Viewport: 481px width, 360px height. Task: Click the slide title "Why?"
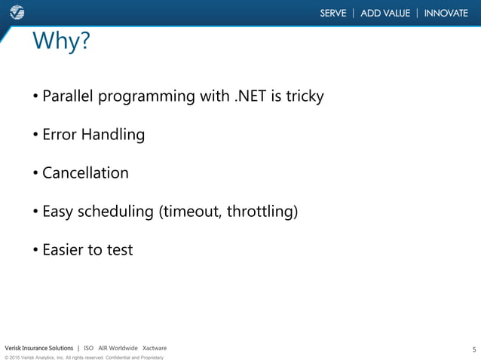61,43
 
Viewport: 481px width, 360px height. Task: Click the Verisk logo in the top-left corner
16,13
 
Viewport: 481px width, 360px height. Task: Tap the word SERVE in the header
332,13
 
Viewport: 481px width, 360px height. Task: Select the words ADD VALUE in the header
385,13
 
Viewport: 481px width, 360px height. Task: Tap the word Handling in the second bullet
114,136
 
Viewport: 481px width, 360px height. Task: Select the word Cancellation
85,173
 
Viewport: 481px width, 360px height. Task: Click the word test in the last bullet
119,250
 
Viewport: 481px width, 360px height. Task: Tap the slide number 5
473,349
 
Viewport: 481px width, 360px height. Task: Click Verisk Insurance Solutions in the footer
39,348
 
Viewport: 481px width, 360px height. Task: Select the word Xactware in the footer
155,348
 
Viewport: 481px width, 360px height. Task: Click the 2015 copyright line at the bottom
84,357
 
